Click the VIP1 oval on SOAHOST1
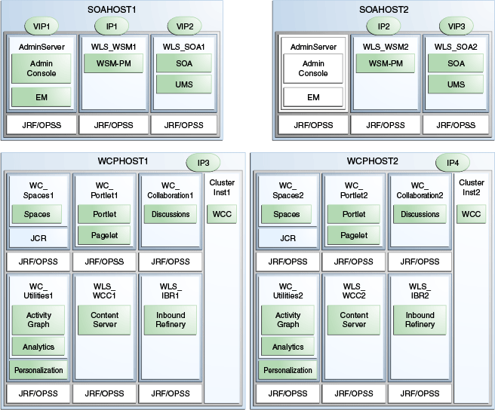[41, 26]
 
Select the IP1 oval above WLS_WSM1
[112, 26]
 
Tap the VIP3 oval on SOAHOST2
[457, 26]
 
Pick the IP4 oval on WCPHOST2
[452, 162]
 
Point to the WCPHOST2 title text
[372, 161]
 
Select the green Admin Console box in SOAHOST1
[41, 69]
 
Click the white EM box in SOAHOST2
[312, 97]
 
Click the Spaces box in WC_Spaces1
[37, 214]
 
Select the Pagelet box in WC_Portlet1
[103, 236]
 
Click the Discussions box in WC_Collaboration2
[420, 214]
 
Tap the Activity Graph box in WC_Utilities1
[38, 320]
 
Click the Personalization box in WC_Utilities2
[287, 370]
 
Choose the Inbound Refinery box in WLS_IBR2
[420, 320]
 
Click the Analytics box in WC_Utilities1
[38, 347]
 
